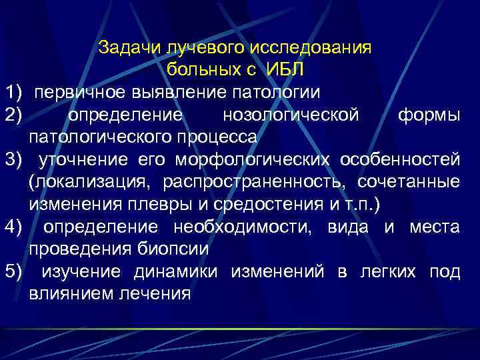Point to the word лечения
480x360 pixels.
[x=151, y=293]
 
